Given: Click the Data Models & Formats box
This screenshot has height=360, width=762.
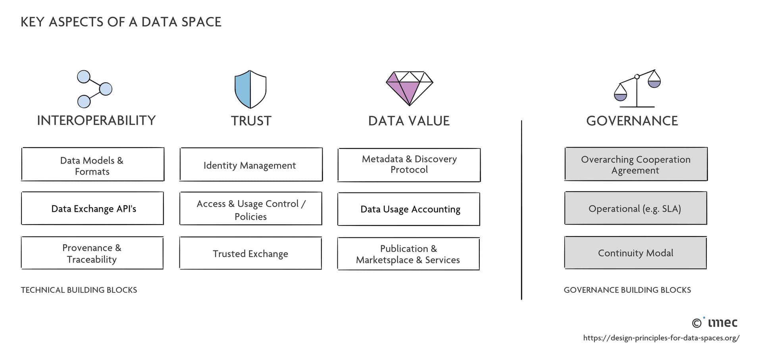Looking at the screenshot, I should (x=92, y=165).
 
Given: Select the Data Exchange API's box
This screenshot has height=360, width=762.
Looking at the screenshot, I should (x=92, y=209).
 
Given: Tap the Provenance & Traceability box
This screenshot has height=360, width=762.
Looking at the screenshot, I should (x=92, y=253).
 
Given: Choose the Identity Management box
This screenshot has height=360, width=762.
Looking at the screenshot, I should (x=250, y=165).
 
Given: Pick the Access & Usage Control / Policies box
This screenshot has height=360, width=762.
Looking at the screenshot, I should (x=250, y=209).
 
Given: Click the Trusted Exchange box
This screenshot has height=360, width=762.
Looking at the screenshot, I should (x=250, y=254).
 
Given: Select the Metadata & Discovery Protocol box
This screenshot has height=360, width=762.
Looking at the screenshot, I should (x=409, y=165).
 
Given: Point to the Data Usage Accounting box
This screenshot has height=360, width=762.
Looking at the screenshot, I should (x=408, y=209).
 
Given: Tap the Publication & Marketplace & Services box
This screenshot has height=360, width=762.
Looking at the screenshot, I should (x=408, y=254).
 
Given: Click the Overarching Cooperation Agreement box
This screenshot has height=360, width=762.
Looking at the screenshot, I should (x=636, y=165).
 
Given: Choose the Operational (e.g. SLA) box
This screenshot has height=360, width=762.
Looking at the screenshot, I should (x=635, y=208).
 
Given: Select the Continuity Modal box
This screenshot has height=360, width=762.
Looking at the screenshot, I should (x=635, y=253).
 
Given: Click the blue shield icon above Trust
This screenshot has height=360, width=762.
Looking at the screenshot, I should (x=250, y=89).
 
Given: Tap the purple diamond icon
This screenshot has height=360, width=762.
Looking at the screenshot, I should (x=409, y=88).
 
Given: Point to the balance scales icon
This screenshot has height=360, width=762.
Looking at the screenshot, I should (x=637, y=89).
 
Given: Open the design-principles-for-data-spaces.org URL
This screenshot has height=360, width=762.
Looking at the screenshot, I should (x=661, y=338).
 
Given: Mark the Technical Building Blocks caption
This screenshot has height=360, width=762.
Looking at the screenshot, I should (x=79, y=290).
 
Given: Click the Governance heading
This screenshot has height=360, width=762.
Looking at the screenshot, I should (x=632, y=121).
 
